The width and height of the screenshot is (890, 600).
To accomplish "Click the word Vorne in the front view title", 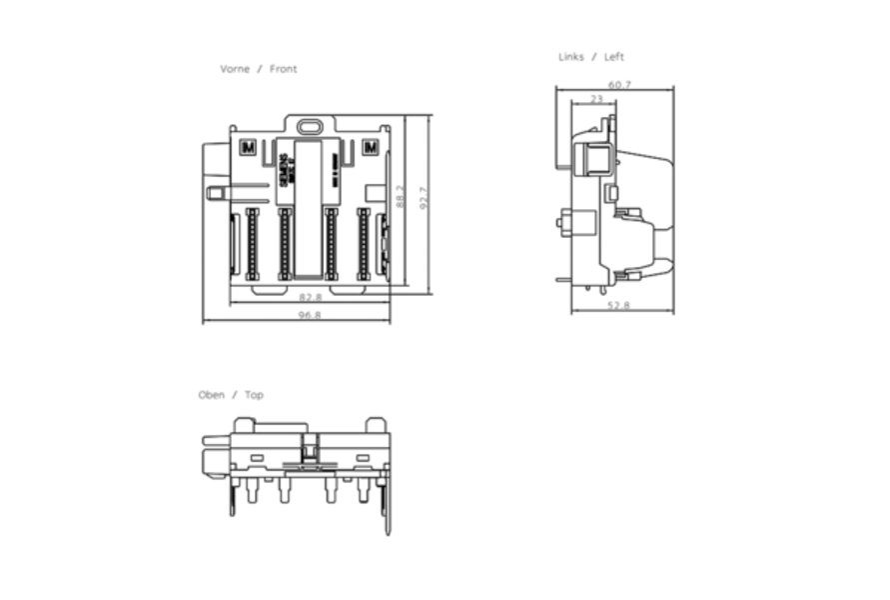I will pyautogui.click(x=235, y=69).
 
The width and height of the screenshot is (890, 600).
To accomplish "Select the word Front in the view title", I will pyautogui.click(x=284, y=69).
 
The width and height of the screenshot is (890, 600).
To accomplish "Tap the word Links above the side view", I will pyautogui.click(x=571, y=57).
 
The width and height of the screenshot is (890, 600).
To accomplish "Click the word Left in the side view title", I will pyautogui.click(x=614, y=57).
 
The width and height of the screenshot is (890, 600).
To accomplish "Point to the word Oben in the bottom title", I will pyautogui.click(x=211, y=395).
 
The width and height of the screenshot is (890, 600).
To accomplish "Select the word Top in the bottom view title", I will pyautogui.click(x=255, y=395).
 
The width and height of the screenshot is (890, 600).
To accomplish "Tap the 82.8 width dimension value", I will pyautogui.click(x=310, y=296).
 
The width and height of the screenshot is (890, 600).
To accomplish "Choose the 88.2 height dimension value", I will pyautogui.click(x=401, y=198).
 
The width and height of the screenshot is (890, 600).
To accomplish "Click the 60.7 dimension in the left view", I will pyautogui.click(x=619, y=85).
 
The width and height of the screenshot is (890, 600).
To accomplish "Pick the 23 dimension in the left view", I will pyautogui.click(x=596, y=99).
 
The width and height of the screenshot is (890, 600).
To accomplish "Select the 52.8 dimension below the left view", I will pyautogui.click(x=619, y=305).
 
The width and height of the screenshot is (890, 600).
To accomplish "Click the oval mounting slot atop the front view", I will pyautogui.click(x=310, y=127).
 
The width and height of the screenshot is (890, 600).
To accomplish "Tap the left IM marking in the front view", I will pyautogui.click(x=248, y=148).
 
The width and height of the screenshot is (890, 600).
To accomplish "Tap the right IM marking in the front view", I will pyautogui.click(x=371, y=148).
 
